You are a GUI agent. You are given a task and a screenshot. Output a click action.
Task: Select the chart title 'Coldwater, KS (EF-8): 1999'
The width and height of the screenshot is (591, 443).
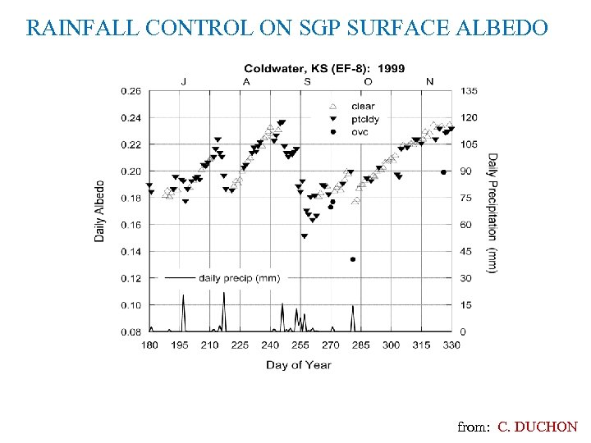pyautogui.click(x=323, y=68)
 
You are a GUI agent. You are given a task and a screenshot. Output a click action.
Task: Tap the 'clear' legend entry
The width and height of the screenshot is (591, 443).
pyautogui.click(x=362, y=106)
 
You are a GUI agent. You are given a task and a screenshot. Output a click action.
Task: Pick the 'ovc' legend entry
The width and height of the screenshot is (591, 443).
pyautogui.click(x=360, y=131)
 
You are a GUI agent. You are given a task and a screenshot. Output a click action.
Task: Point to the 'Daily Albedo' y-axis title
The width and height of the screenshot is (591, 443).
pyautogui.click(x=100, y=211)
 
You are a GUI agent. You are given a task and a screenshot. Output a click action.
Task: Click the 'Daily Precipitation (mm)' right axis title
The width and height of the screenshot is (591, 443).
pyautogui.click(x=492, y=213)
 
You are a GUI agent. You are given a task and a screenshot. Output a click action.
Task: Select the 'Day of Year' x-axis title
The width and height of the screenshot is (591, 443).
pyautogui.click(x=299, y=364)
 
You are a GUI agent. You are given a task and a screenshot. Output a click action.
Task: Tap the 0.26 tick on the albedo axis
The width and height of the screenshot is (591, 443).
pyautogui.click(x=131, y=91)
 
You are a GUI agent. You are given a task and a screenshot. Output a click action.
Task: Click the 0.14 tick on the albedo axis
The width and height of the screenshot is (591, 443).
pyautogui.click(x=131, y=252)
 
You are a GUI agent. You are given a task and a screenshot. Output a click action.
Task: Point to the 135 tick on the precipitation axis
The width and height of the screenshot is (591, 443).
pyautogui.click(x=469, y=91)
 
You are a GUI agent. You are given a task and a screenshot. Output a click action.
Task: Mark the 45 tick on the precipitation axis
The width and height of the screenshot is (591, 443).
pyautogui.click(x=465, y=252)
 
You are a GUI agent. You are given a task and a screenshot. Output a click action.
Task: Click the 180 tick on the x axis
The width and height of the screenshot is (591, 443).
pyautogui.click(x=149, y=345)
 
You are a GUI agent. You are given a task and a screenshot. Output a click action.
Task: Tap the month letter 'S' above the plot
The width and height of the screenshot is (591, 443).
pyautogui.click(x=307, y=80)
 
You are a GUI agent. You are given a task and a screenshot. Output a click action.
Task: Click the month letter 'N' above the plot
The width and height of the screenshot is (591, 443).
pyautogui.click(x=430, y=80)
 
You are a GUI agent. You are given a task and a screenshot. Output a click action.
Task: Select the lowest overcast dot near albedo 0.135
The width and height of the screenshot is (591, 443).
pyautogui.click(x=353, y=259)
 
